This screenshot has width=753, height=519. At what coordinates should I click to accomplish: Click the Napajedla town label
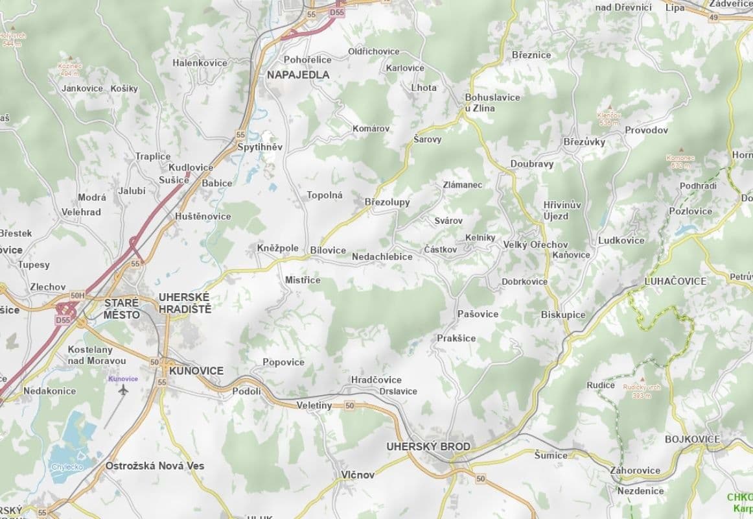tap(298, 75)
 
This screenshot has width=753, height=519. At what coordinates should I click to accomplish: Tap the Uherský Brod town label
tap(428, 446)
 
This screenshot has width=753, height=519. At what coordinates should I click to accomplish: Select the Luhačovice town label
tap(675, 281)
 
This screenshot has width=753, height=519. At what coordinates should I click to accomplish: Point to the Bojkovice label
tap(692, 439)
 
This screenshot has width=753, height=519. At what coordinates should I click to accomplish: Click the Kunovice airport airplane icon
tap(124, 389)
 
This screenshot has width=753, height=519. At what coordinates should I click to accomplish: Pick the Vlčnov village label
tap(358, 475)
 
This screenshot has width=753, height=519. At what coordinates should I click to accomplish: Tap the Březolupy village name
tap(388, 202)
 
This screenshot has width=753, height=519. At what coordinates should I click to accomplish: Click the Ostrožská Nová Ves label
tap(155, 466)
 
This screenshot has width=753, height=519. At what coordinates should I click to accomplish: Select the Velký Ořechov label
tap(535, 245)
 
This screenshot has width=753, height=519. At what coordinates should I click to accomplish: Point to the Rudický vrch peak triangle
tap(642, 380)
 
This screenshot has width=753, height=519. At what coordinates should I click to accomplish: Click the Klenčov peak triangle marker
tap(609, 108)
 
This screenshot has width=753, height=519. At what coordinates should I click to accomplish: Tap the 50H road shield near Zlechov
tap(78, 296)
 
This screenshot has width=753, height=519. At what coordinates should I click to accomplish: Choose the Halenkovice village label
tap(200, 63)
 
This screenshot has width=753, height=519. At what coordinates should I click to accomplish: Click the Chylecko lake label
tap(67, 466)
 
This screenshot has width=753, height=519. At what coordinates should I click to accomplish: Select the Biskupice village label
tap(563, 315)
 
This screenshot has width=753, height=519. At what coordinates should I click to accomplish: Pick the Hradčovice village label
tap(376, 380)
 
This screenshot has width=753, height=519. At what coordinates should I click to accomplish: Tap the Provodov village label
tap(646, 130)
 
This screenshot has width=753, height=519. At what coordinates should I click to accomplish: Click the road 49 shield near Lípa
tap(713, 18)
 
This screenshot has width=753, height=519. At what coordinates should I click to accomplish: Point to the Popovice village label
tap(283, 362)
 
